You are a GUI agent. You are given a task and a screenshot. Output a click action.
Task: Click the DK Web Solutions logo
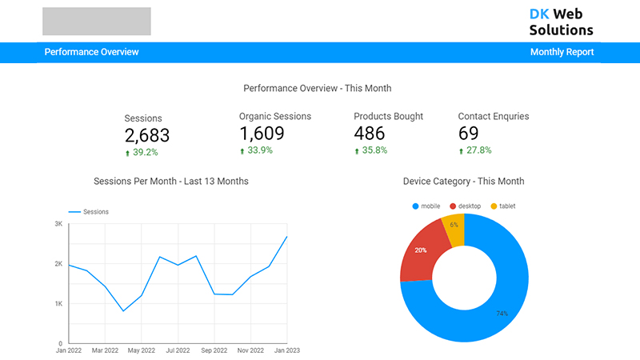pyautogui.click(x=561, y=22)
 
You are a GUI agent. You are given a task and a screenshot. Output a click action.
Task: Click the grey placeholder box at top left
pyautogui.click(x=96, y=22)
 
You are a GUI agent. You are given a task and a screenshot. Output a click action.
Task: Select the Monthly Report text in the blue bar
pyautogui.click(x=562, y=52)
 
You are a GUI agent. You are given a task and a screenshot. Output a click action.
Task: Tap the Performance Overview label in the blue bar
pyautogui.click(x=91, y=52)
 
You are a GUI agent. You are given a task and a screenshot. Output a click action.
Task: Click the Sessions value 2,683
pyautogui.click(x=147, y=136)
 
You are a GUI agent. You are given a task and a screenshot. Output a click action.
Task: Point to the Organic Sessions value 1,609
pyautogui.click(x=262, y=134)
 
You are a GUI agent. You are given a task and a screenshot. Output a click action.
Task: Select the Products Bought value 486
pyautogui.click(x=370, y=134)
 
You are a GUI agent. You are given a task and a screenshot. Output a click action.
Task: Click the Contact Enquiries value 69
pyautogui.click(x=468, y=134)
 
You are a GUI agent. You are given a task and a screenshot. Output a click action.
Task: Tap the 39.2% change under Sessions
pyautogui.click(x=145, y=152)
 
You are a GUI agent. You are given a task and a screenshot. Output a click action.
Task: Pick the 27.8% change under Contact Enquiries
pyautogui.click(x=478, y=150)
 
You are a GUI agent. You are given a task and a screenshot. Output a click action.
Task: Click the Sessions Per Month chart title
pyautogui.click(x=171, y=182)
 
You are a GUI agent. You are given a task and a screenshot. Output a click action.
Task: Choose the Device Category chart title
pyautogui.click(x=463, y=182)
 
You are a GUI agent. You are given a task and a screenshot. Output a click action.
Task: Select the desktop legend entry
pyautogui.click(x=469, y=206)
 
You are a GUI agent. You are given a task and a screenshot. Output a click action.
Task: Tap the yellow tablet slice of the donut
pyautogui.click(x=454, y=230)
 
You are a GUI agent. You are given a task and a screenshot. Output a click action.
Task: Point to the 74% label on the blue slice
pyautogui.click(x=502, y=314)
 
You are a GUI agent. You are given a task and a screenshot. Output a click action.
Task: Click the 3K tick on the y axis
pyautogui.click(x=58, y=224)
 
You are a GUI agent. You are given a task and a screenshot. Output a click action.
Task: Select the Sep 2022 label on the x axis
pyautogui.click(x=214, y=350)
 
